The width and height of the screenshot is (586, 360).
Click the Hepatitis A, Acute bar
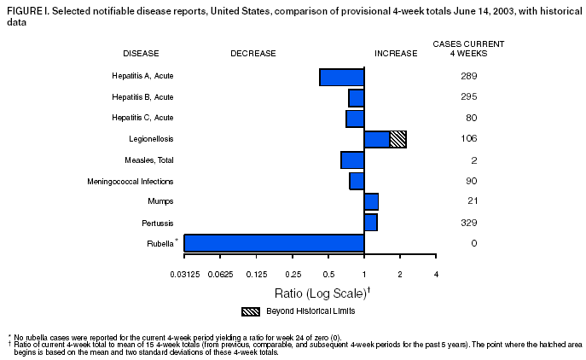pos(342,77)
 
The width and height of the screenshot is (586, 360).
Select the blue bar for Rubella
pos(274,243)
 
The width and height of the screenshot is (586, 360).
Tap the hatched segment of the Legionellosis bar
pos(397,139)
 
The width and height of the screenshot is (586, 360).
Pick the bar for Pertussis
pos(370,223)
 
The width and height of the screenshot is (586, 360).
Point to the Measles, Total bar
pos(352,160)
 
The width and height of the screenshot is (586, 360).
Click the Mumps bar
pos(371,201)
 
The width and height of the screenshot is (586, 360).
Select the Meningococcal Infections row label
pos(131,181)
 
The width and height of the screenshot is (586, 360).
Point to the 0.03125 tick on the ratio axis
pos(184,274)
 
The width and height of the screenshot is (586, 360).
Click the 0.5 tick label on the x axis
pos(328,274)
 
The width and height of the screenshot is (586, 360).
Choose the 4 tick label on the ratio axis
pos(436,274)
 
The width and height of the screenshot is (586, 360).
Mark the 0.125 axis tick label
pos(256,274)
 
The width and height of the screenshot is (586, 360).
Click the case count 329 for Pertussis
pos(467,223)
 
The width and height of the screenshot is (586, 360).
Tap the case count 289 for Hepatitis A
pos(467,77)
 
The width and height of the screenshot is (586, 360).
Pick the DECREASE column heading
pos(253,53)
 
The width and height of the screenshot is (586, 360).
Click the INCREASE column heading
pos(396,53)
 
